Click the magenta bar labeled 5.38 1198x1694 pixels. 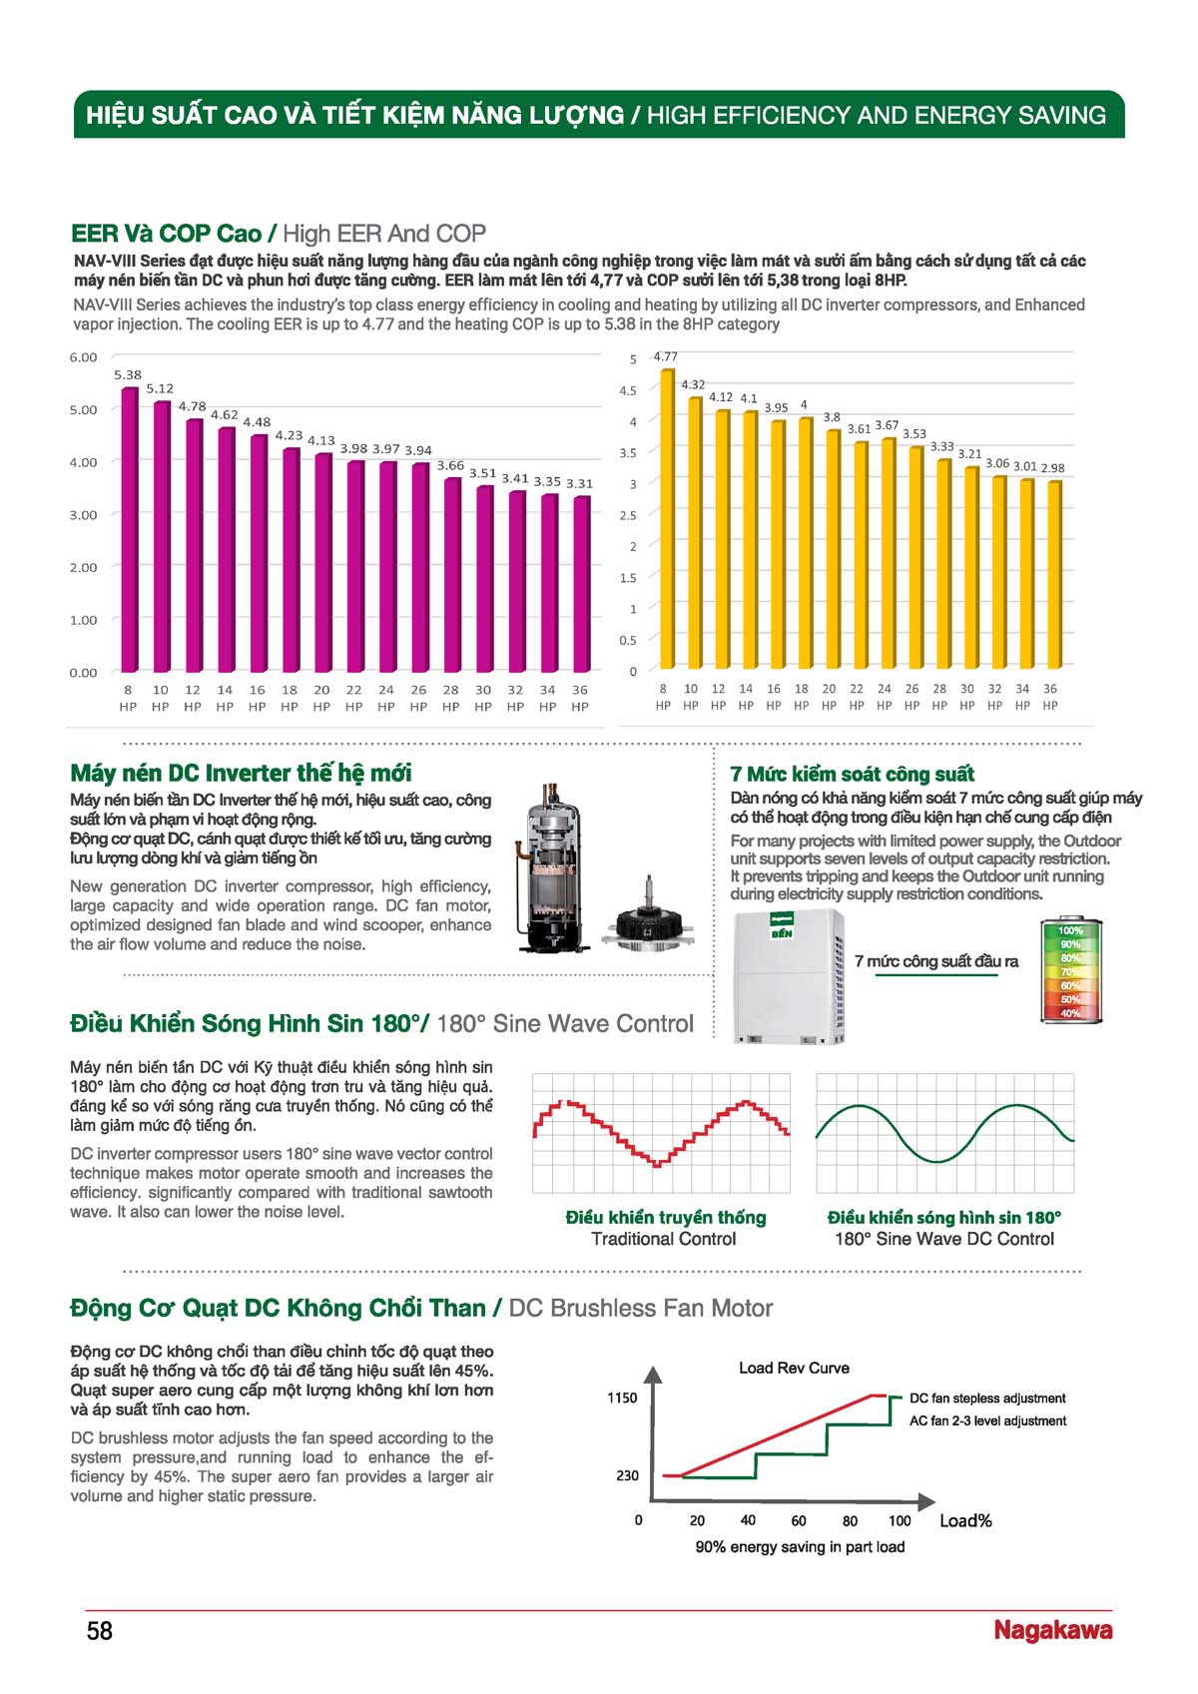(130, 529)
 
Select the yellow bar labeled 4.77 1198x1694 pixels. (666, 519)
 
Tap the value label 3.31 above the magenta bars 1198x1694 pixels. (579, 483)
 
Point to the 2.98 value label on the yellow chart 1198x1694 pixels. (1053, 468)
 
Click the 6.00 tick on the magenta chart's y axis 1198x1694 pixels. (83, 357)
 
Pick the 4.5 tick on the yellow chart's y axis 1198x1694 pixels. (628, 391)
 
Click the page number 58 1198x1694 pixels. (99, 1630)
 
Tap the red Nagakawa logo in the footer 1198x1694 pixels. (1053, 1630)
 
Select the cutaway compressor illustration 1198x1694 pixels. (549, 867)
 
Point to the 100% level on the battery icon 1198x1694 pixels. (1070, 931)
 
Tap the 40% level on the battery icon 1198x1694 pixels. (1070, 1013)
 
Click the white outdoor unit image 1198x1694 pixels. (789, 977)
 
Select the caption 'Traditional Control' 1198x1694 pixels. (663, 1239)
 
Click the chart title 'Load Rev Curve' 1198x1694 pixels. (794, 1368)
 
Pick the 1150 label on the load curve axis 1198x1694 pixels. (622, 1398)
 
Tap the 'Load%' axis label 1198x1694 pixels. (965, 1520)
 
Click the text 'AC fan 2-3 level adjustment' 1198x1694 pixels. (987, 1421)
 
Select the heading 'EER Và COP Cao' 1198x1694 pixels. (167, 234)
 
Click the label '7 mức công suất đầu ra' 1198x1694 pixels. (936, 961)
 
